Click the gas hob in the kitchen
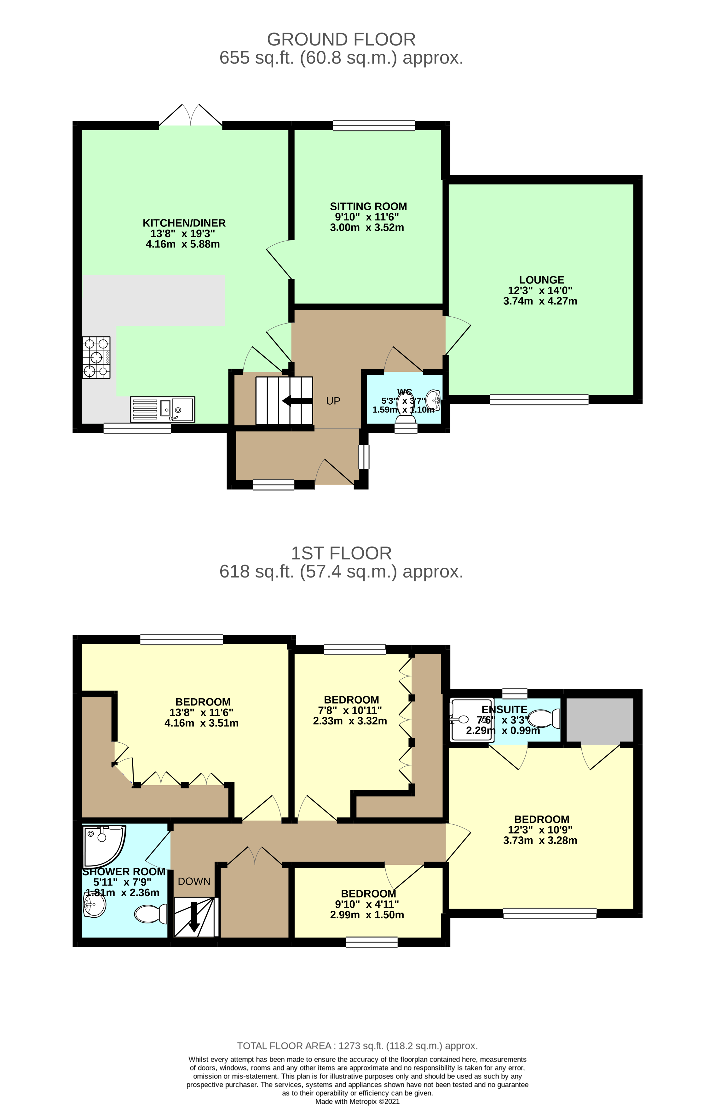tap(96, 357)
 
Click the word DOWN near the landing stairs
tap(194, 881)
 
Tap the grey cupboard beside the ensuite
tap(599, 720)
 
